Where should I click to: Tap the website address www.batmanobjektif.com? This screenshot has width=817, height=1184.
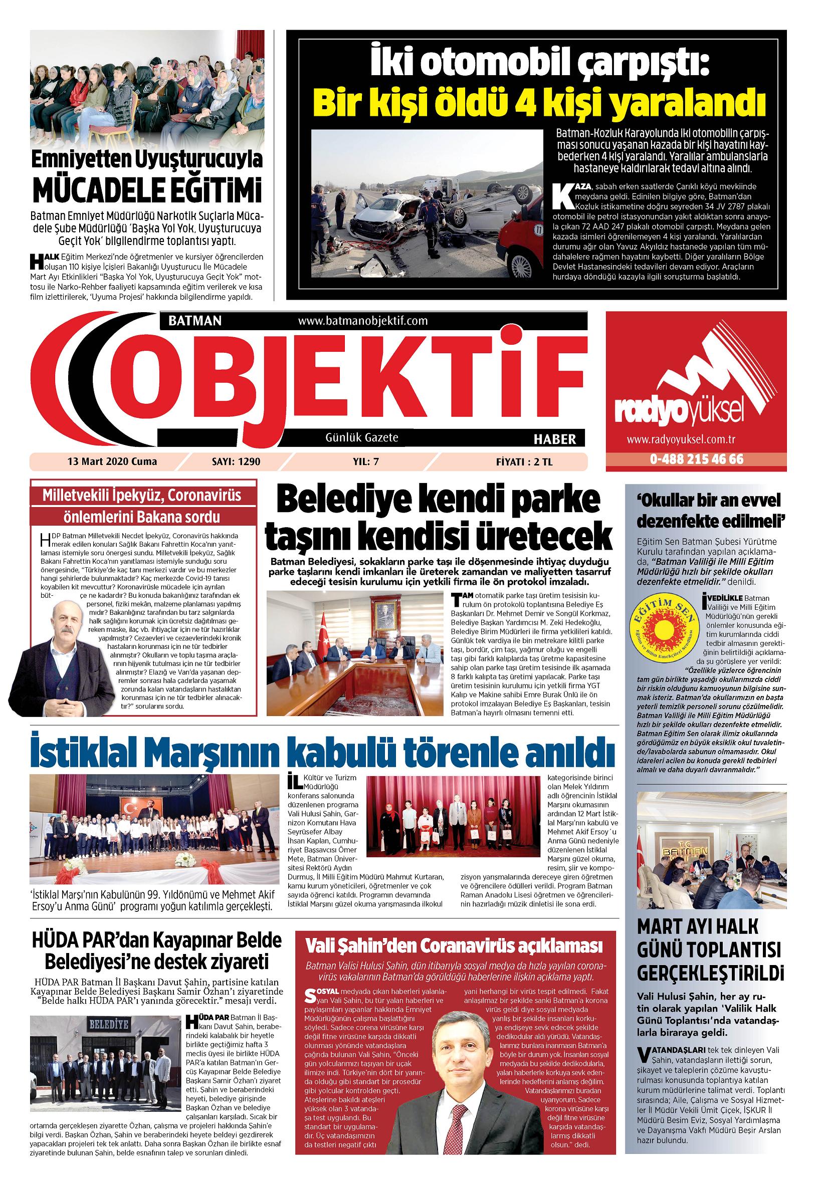point(362,321)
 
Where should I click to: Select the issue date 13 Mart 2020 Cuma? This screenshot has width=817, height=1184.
point(112,461)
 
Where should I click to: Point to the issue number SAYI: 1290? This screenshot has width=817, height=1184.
point(236,461)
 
